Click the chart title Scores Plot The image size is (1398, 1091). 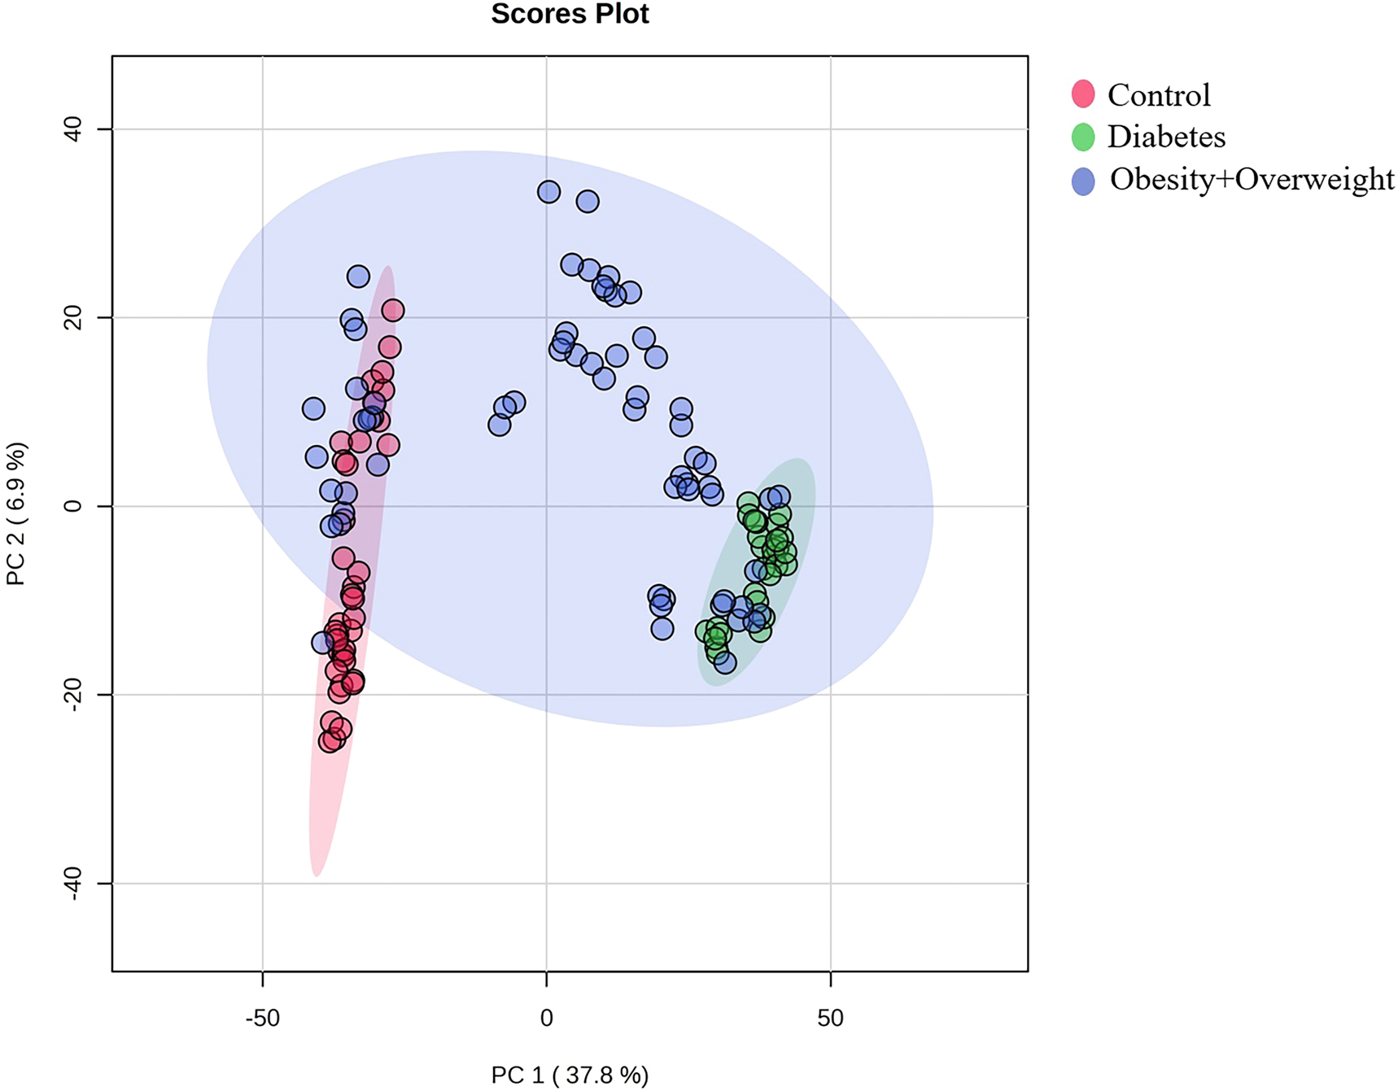[570, 14]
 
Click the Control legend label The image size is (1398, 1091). [1159, 95]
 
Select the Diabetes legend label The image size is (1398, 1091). [1166, 137]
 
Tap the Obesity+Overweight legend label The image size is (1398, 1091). [1252, 179]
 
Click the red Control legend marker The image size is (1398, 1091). [1083, 94]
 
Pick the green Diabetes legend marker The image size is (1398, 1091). [1083, 137]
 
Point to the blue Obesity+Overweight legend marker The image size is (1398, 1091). [1083, 181]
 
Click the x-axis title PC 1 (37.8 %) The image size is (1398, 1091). [570, 1076]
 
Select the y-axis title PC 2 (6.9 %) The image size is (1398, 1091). [16, 513]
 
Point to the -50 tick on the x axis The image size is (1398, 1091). [262, 1018]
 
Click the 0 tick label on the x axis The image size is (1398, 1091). [546, 1018]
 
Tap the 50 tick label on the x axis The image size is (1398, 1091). [830, 1018]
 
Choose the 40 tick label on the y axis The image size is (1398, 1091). [72, 129]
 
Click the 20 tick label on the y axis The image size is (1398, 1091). [72, 317]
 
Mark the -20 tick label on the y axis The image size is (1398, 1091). [72, 695]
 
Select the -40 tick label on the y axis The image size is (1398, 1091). [72, 884]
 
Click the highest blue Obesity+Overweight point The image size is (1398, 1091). [548, 192]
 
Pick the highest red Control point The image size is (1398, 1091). [393, 310]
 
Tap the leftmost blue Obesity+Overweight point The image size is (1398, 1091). [313, 408]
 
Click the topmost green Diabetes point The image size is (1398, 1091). [749, 503]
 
